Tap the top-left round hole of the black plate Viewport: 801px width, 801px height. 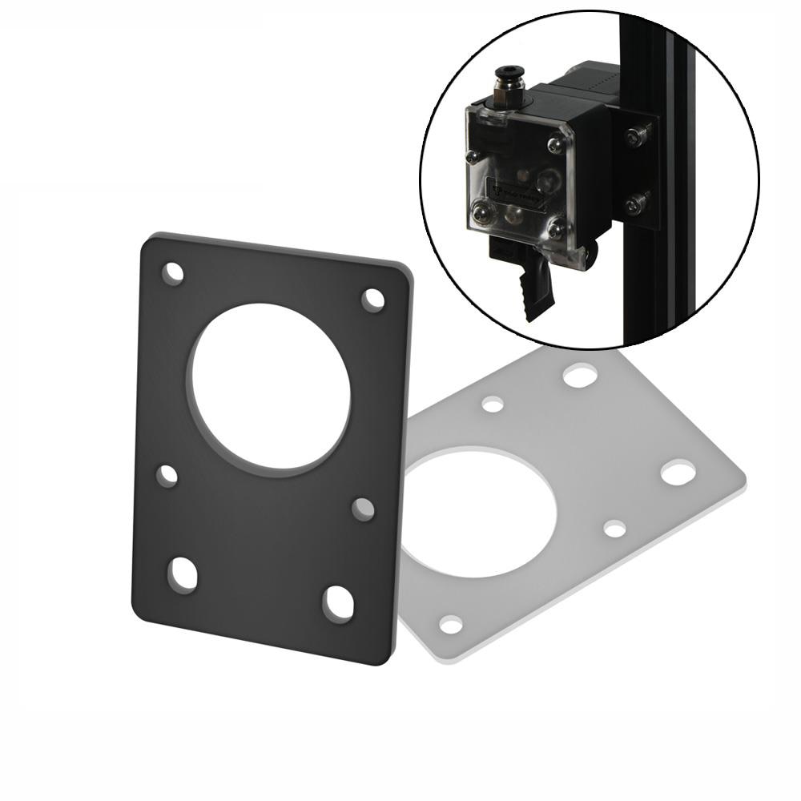tap(173, 273)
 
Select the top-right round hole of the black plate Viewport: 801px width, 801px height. tap(372, 300)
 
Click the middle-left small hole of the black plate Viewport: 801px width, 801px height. tap(167, 475)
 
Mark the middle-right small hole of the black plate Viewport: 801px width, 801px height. tap(363, 508)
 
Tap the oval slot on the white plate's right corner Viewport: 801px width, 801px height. tap(678, 472)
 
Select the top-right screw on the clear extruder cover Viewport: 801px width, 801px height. tap(554, 145)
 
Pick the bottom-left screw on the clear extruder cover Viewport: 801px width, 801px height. tap(481, 213)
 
